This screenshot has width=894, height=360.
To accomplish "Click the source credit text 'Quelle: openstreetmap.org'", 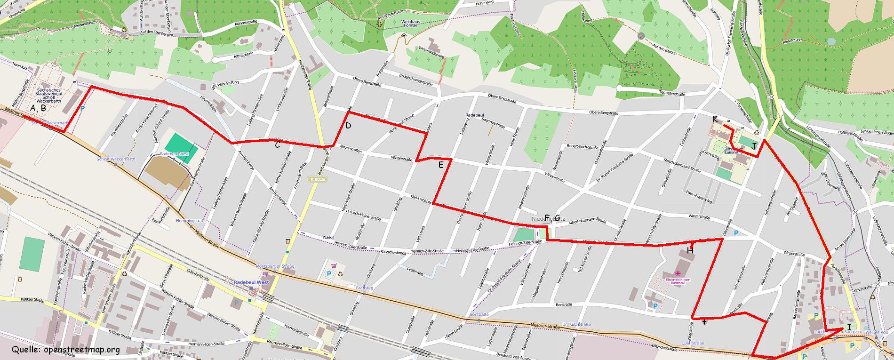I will (x=66, y=350).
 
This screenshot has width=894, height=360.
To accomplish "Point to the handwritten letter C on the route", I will (x=278, y=145).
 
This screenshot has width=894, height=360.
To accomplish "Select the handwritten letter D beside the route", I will (x=348, y=126).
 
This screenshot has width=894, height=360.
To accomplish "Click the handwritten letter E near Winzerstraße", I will (x=440, y=165).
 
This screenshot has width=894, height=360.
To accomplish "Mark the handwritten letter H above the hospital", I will (x=690, y=250).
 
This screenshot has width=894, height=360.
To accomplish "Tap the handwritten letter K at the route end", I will (x=715, y=120).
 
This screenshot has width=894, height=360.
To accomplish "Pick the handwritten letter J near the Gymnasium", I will (x=754, y=147).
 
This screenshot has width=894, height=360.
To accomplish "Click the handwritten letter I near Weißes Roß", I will (x=849, y=327).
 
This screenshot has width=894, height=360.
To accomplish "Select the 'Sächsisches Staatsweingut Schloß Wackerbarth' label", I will (x=49, y=96).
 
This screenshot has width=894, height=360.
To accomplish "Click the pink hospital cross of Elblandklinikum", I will (x=678, y=273).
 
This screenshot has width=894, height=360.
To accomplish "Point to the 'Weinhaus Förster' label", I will (x=410, y=24).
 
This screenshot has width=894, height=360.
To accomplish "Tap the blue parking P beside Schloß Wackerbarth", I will (x=83, y=108).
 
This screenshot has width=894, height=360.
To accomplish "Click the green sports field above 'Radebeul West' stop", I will (x=179, y=143).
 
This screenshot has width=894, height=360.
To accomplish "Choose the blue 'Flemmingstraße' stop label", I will (x=191, y=221).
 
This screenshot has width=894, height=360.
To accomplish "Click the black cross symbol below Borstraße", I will (x=704, y=322).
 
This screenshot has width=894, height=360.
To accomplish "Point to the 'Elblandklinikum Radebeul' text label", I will (x=678, y=281).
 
